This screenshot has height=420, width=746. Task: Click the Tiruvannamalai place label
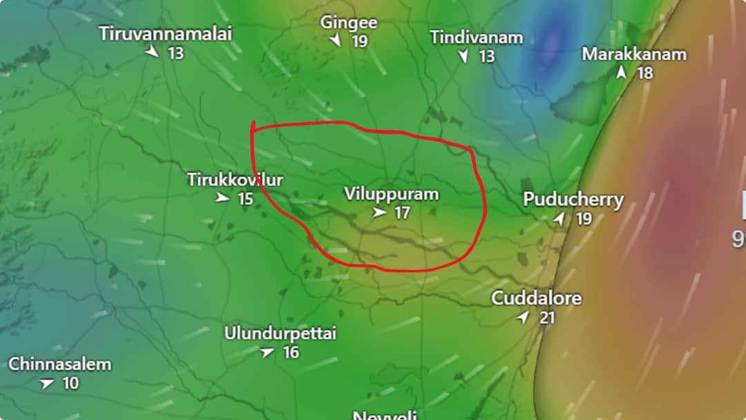[165, 33]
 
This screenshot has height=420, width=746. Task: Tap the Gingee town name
[348, 22]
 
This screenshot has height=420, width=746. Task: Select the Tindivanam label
[476, 37]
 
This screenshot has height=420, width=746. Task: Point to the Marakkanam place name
[634, 54]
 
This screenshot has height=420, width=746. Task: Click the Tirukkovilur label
[235, 180]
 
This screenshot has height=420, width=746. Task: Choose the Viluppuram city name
[391, 194]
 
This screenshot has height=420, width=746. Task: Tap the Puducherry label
[573, 200]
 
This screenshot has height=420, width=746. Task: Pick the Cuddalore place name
[536, 299]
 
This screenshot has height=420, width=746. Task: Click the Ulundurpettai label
[280, 334]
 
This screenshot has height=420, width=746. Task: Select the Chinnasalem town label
[59, 364]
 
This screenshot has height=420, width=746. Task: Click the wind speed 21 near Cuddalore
[547, 318]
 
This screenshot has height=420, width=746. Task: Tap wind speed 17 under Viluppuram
[402, 213]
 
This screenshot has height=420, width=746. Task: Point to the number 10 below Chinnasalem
[71, 383]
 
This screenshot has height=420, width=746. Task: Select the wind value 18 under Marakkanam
[644, 73]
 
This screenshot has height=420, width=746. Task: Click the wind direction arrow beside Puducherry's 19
[559, 219]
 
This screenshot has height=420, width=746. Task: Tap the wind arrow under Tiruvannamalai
[152, 52]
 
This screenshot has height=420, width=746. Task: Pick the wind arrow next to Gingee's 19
[336, 41]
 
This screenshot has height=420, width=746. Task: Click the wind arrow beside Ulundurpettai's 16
[267, 352]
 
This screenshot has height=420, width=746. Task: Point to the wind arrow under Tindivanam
[463, 57]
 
